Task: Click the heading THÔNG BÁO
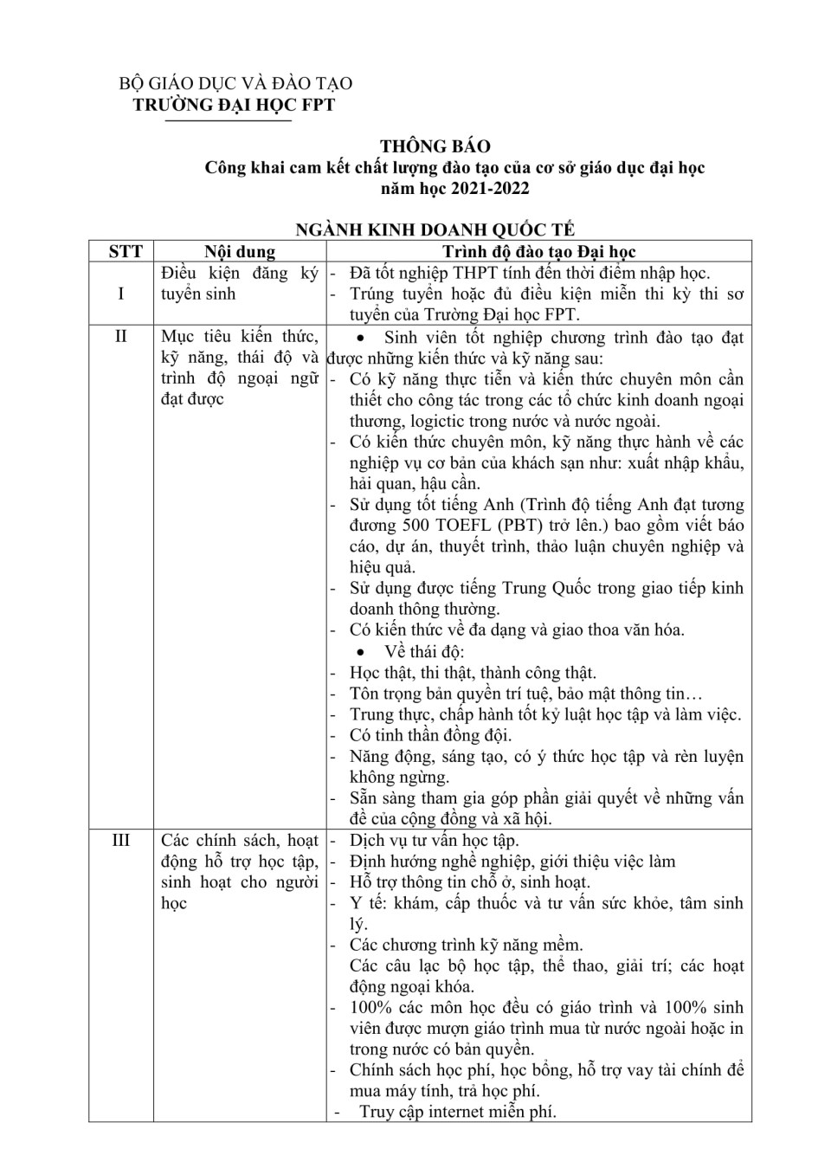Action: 435,146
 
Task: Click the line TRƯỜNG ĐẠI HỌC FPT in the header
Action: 233,105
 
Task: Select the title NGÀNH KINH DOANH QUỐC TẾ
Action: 435,229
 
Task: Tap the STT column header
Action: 126,251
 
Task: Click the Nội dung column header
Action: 240,251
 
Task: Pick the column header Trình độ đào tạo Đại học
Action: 538,251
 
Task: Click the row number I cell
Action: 121,294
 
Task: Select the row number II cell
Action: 121,336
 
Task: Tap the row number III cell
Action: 121,840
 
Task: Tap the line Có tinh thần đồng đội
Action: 430,735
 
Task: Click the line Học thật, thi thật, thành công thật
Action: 472,673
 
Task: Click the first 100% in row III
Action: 370,1007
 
